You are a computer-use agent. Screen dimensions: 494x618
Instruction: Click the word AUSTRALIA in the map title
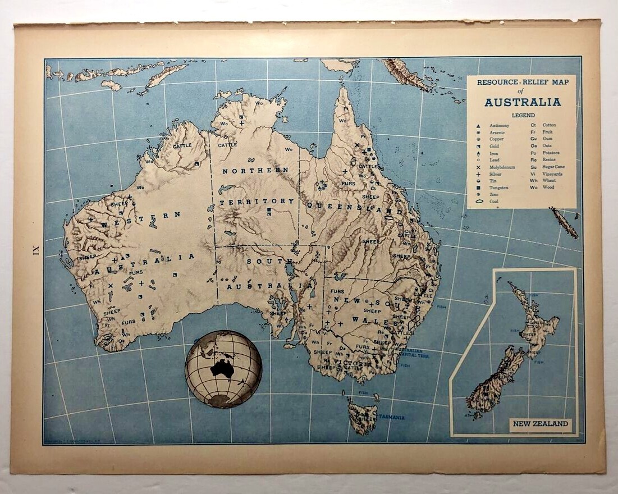pyautogui.click(x=522, y=102)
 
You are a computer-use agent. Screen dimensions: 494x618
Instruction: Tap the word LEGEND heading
pyautogui.click(x=522, y=115)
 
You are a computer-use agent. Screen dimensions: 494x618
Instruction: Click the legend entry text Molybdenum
pyautogui.click(x=502, y=167)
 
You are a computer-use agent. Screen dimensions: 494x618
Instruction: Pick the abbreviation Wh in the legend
pyautogui.click(x=534, y=181)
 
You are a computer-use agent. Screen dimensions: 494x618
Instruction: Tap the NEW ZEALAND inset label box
pyautogui.click(x=541, y=424)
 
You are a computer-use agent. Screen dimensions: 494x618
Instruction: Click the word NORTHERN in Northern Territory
pyautogui.click(x=255, y=170)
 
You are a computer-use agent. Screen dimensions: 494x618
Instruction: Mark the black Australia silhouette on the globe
pyautogui.click(x=222, y=368)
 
